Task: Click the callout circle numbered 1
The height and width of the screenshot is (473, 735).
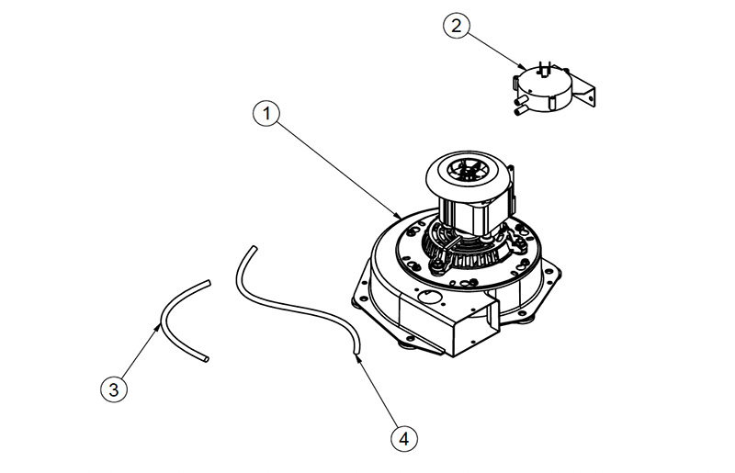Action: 266,114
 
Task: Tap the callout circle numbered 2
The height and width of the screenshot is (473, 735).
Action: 456,25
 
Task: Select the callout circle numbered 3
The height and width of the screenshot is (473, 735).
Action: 114,389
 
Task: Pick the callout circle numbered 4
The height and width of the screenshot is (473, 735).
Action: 403,439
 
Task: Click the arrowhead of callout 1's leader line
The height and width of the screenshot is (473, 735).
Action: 398,216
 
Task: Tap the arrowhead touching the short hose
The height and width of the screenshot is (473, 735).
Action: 158,327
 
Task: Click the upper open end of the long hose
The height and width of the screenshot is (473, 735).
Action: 254,248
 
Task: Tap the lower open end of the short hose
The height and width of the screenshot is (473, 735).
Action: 206,359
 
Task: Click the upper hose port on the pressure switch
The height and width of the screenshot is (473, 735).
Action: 519,100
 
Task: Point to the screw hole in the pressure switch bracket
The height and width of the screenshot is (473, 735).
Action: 591,100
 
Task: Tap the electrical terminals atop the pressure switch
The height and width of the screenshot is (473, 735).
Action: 545,67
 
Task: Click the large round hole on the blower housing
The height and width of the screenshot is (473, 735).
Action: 427,297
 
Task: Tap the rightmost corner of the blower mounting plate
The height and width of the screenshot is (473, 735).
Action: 560,272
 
